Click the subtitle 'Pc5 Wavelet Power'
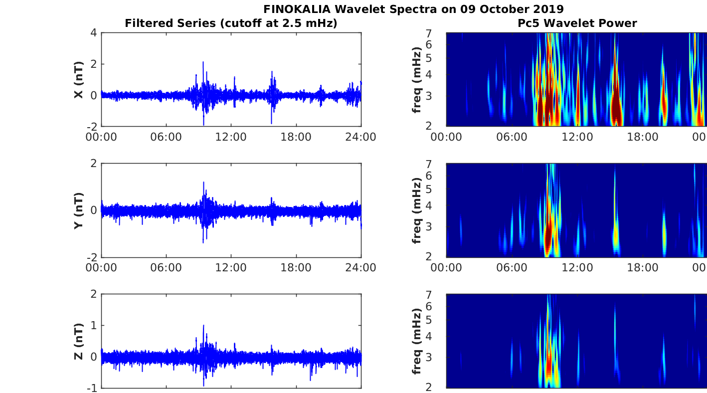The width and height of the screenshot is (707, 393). pyautogui.click(x=577, y=23)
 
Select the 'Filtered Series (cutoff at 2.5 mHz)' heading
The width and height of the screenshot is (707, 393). pyautogui.click(x=231, y=23)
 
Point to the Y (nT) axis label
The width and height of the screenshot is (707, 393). pyautogui.click(x=78, y=210)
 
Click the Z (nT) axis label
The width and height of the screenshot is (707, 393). pyautogui.click(x=78, y=341)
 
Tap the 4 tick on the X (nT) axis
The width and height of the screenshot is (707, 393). pyautogui.click(x=93, y=33)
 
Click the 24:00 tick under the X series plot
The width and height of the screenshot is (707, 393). pyautogui.click(x=361, y=137)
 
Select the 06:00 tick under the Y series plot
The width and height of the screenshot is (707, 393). pyautogui.click(x=166, y=267)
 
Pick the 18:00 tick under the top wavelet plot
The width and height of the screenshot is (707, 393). pyautogui.click(x=642, y=137)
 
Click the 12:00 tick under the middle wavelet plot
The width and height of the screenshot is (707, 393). pyautogui.click(x=577, y=267)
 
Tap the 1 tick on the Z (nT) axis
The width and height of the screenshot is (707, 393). pyautogui.click(x=93, y=325)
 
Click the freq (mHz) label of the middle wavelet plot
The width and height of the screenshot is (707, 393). pyautogui.click(x=417, y=210)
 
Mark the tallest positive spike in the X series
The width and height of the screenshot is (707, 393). pyautogui.click(x=203, y=63)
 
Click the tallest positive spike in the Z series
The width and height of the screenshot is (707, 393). pyautogui.click(x=203, y=326)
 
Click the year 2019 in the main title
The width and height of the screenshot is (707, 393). pyautogui.click(x=548, y=9)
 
